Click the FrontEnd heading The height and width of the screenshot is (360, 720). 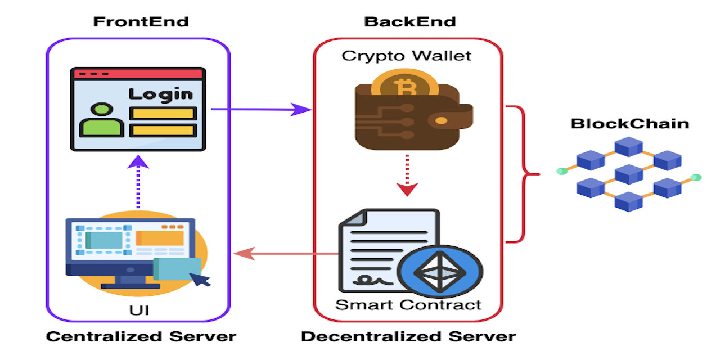141,22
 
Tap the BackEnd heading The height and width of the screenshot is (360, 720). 409,22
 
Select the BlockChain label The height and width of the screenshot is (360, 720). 630,123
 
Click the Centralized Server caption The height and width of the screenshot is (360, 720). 141,337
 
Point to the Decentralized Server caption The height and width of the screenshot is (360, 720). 408,337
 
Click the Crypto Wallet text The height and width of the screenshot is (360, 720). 407,56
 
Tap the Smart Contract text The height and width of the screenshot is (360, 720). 408,305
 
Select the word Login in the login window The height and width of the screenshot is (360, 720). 160,93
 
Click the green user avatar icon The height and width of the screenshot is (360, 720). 101,119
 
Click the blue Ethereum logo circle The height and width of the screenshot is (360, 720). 440,272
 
